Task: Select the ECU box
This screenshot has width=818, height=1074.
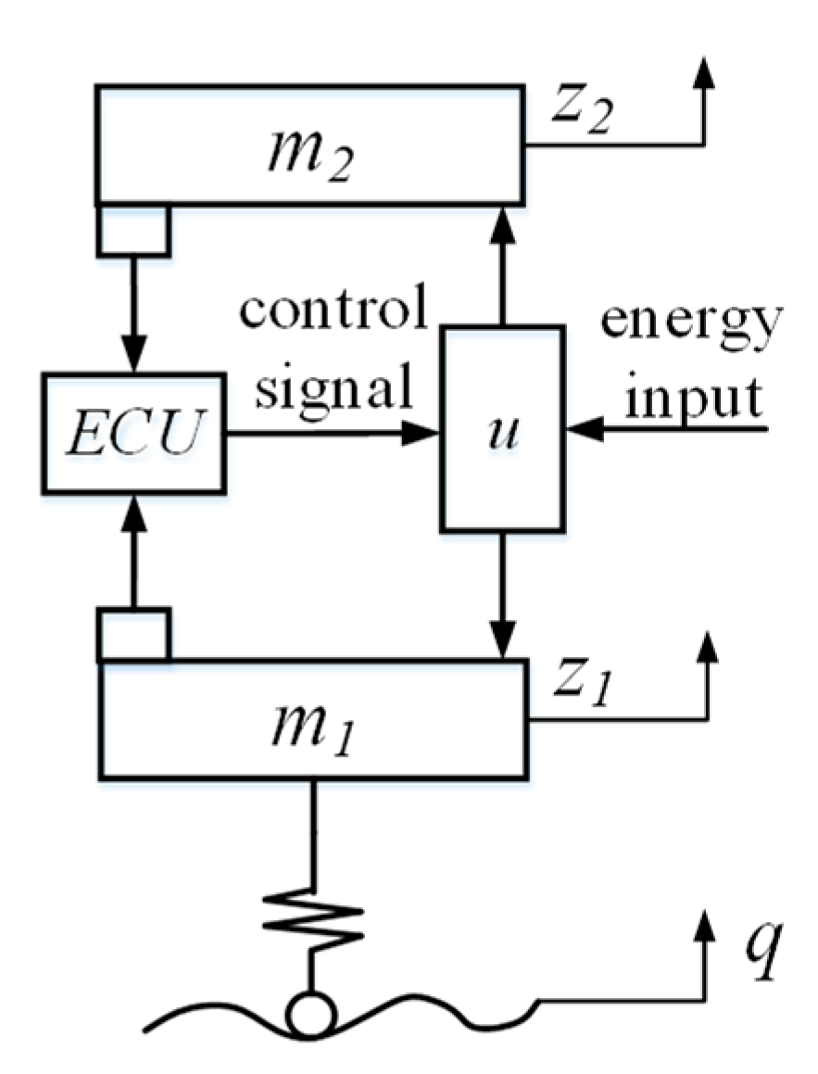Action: (x=132, y=432)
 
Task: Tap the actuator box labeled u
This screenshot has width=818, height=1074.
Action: (x=501, y=428)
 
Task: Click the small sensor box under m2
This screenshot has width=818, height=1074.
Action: (x=133, y=229)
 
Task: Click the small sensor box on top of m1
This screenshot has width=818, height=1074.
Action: (x=133, y=634)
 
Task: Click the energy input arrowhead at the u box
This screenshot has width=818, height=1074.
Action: (x=584, y=430)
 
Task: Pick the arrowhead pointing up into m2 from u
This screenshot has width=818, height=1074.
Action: (x=501, y=221)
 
